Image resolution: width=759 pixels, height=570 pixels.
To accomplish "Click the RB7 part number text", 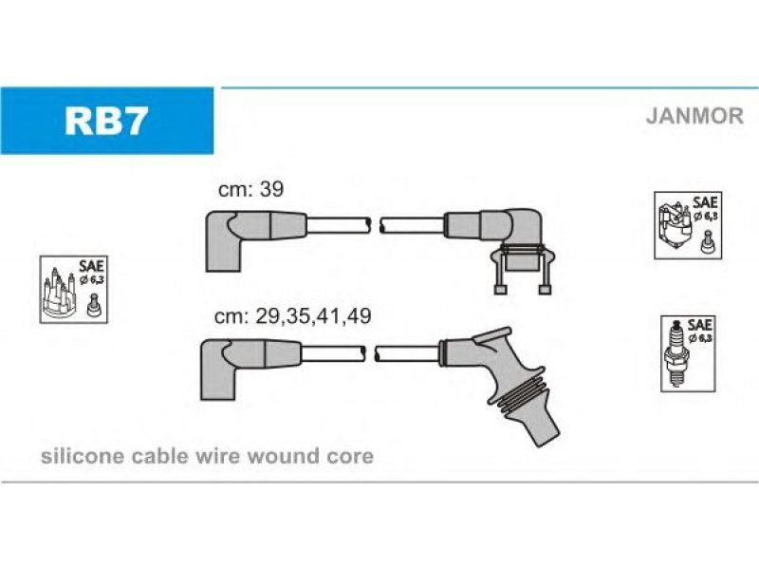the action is point(106,122).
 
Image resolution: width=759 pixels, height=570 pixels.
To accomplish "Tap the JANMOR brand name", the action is point(694,116).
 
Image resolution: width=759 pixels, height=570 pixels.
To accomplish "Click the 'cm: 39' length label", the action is point(250,189).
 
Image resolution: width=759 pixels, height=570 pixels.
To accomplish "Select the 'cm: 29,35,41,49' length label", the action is point(293,316).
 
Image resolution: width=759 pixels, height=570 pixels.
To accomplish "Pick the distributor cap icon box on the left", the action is point(74,290).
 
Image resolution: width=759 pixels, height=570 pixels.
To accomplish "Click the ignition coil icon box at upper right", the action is point(688,225).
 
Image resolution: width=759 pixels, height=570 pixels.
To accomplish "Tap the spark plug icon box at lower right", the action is point(688,353).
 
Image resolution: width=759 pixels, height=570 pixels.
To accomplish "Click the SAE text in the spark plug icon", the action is point(699,324).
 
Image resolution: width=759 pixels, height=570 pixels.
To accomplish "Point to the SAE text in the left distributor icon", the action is point(91,266).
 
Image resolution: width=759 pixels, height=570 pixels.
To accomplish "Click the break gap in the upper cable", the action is point(376,225).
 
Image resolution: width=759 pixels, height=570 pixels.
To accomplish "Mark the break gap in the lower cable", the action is point(371,353).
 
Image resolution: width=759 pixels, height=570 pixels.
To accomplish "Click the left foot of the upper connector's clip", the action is point(500,290).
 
